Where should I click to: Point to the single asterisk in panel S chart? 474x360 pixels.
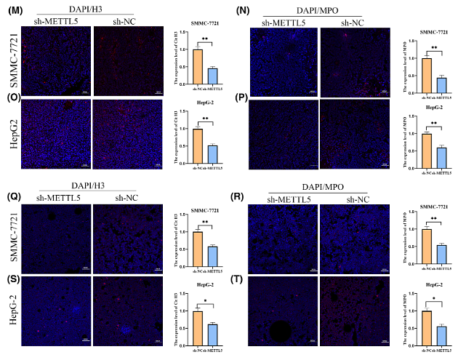point(205,300)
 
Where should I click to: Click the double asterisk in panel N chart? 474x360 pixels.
point(433,48)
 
